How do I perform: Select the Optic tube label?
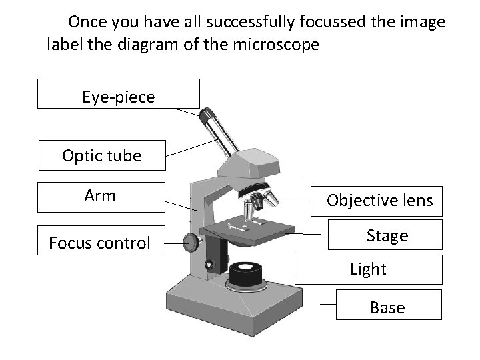coord(101,156)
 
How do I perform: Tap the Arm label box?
coord(100,196)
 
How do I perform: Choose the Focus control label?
coord(100,243)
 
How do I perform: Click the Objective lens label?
coord(379,200)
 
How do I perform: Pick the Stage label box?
coord(387,235)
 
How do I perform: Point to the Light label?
coord(368,269)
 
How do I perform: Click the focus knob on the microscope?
coord(192,241)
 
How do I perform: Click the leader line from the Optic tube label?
coord(193,147)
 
